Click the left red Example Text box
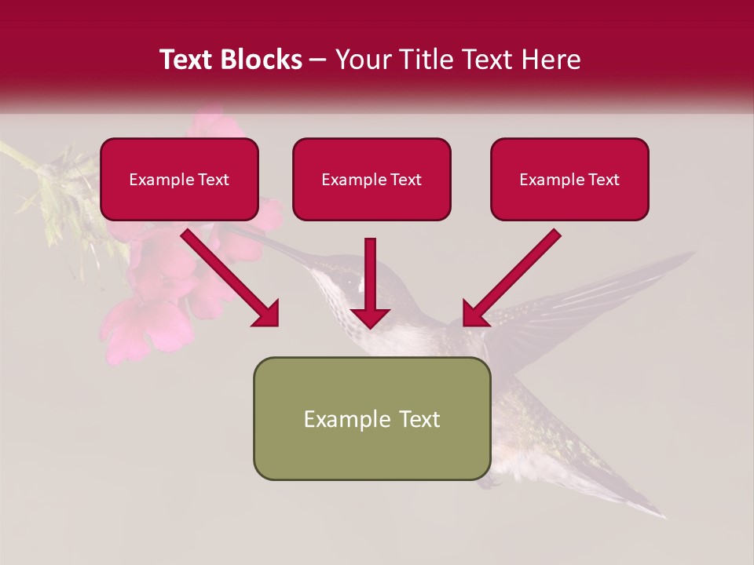pos(179,179)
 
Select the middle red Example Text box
pos(372,179)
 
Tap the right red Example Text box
pos(569,179)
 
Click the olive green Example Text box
pos(372,418)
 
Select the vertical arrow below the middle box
pos(370,282)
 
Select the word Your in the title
pos(361,60)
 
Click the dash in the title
pos(318,60)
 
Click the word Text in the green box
pos(419,419)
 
